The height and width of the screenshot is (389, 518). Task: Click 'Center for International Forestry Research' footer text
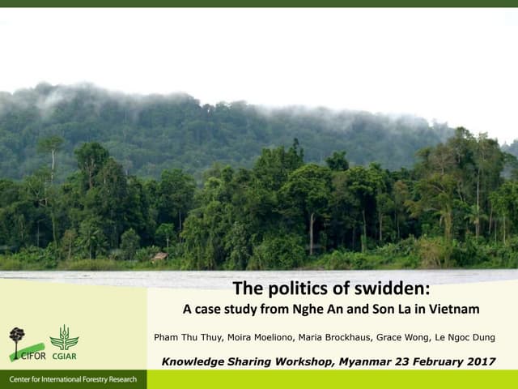(73, 380)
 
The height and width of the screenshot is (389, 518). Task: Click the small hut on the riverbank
(160, 257)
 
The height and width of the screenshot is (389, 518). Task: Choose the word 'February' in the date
(428, 361)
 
